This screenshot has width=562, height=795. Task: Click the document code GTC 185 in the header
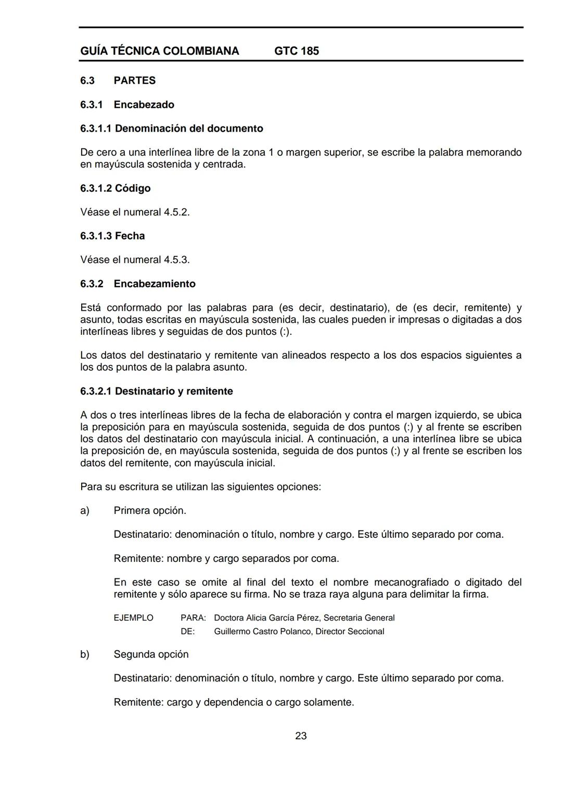pyautogui.click(x=296, y=51)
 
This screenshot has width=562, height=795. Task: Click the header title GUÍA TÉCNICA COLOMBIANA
pyautogui.click(x=160, y=51)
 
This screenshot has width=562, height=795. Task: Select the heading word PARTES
pyautogui.click(x=134, y=81)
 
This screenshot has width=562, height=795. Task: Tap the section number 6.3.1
pyautogui.click(x=92, y=105)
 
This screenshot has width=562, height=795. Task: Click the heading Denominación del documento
pyautogui.click(x=189, y=129)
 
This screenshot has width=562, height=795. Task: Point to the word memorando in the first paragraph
pyautogui.click(x=493, y=153)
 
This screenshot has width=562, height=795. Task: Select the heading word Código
pyautogui.click(x=133, y=188)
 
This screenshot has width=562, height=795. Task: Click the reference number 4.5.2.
pyautogui.click(x=176, y=212)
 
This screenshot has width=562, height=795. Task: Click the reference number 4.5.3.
pyautogui.click(x=176, y=260)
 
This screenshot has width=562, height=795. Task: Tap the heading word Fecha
pyautogui.click(x=130, y=236)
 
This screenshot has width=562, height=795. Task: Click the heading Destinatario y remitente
pyautogui.click(x=174, y=392)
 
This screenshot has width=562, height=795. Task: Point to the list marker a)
pyautogui.click(x=85, y=511)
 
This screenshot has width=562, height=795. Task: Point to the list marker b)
pyautogui.click(x=85, y=654)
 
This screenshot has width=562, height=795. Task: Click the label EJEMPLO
pyautogui.click(x=133, y=618)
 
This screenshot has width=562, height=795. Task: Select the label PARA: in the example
pyautogui.click(x=193, y=618)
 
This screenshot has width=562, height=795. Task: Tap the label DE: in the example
pyautogui.click(x=187, y=632)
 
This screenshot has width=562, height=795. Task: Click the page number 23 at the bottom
pyautogui.click(x=301, y=736)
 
